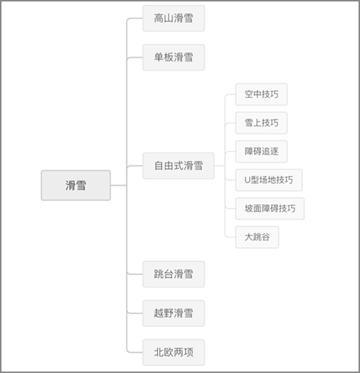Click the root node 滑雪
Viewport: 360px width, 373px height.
(x=76, y=185)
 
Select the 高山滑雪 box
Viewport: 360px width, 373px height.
(x=174, y=18)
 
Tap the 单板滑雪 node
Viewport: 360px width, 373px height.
(x=174, y=58)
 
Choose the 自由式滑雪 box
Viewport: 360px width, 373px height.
(x=179, y=166)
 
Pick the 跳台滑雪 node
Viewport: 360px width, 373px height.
(x=174, y=274)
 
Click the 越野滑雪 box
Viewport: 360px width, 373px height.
(x=174, y=313)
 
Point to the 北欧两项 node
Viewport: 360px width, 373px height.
(x=174, y=352)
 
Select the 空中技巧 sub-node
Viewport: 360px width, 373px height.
(x=261, y=94)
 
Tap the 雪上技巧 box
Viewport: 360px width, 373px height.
(x=261, y=123)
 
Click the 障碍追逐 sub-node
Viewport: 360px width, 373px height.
(x=261, y=151)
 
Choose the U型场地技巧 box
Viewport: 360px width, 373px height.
(x=269, y=180)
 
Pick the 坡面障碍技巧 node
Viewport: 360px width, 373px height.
(x=270, y=209)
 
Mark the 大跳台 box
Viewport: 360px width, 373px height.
(x=257, y=237)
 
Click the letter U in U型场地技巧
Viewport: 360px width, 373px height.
(x=248, y=180)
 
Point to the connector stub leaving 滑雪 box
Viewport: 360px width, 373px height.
(x=119, y=185)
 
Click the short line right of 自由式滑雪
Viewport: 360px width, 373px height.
(x=220, y=166)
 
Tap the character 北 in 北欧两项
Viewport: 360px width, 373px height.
(x=159, y=352)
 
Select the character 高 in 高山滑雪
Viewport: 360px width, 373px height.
(x=159, y=18)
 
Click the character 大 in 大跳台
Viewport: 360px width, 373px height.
(x=248, y=237)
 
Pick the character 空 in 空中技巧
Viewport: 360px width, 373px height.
(x=248, y=94)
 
